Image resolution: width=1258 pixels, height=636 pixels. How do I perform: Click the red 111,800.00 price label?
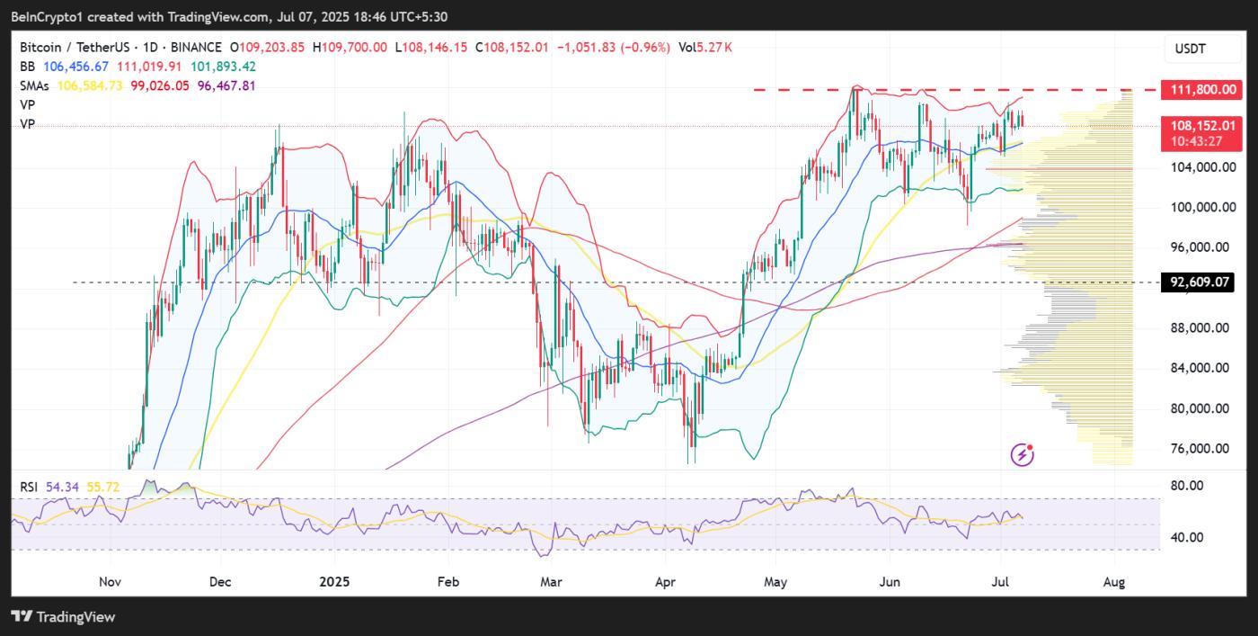[x=1202, y=89]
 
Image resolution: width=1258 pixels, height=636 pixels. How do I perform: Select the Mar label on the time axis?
[x=551, y=582]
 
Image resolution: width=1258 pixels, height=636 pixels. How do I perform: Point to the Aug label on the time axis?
[x=1114, y=582]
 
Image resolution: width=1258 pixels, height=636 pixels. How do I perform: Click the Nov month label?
[x=109, y=582]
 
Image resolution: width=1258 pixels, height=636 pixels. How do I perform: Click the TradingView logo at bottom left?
[x=63, y=617]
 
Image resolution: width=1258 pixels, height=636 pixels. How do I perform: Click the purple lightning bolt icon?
[x=1023, y=454]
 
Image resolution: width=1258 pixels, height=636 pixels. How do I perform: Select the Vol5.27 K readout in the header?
[x=705, y=47]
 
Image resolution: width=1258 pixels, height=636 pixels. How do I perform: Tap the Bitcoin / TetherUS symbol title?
[x=75, y=47]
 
